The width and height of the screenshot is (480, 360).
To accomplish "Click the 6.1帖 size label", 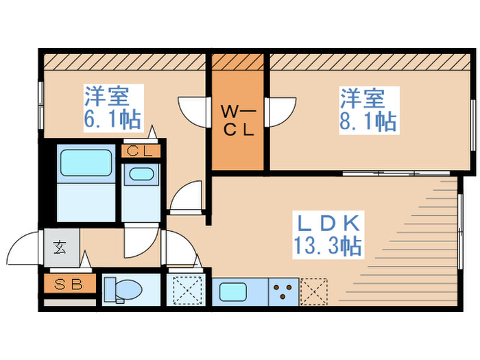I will [113, 121].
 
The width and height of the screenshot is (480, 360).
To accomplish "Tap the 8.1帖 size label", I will [368, 122].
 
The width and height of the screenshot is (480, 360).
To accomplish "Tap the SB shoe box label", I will [69, 283].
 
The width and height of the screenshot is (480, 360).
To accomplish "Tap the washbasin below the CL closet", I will [141, 174].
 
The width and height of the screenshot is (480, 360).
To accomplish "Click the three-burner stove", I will [283, 291].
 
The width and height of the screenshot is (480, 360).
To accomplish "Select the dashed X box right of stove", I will [313, 291].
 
